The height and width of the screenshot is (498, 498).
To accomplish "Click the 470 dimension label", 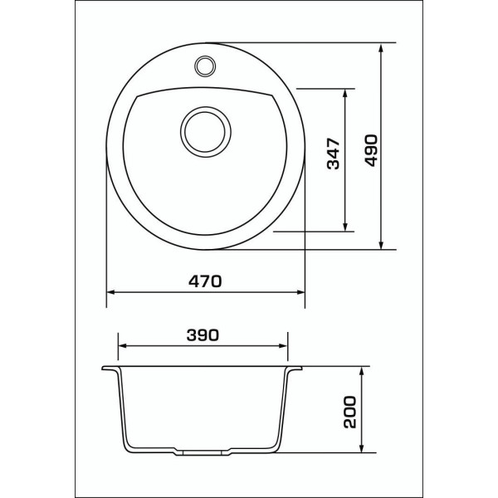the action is [205, 281].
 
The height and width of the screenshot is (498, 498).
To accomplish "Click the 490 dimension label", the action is [371, 150].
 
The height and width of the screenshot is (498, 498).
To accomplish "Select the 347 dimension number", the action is [334, 154].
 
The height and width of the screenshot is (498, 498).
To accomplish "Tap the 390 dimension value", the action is [203, 334].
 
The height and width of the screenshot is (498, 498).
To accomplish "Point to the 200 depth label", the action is [350, 412].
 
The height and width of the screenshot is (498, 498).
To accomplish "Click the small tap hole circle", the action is [205, 66].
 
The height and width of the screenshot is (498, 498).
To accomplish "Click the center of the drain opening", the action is [206, 131].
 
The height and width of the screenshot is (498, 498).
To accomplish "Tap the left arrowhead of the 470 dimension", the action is [111, 292].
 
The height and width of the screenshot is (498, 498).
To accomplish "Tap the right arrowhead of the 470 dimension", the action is [300, 292].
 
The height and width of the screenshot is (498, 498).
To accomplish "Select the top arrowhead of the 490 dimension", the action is [381, 47].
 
